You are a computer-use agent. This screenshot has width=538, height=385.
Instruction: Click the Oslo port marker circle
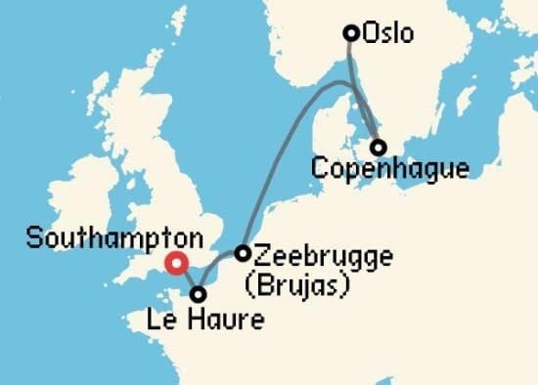tap(350, 33)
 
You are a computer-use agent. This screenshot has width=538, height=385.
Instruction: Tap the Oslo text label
tap(387, 33)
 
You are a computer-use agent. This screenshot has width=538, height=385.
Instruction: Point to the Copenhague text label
tap(389, 169)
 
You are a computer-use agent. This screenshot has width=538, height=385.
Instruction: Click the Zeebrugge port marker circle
tap(243, 253)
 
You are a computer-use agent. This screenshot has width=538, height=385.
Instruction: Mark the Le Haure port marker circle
tap(199, 292)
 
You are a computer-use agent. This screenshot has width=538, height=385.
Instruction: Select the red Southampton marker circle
tap(176, 263)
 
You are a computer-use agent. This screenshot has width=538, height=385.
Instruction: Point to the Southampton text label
tap(115, 237)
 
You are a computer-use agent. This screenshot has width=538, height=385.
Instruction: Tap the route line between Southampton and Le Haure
tap(188, 277)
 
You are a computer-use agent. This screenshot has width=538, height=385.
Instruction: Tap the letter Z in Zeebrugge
tap(260, 257)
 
